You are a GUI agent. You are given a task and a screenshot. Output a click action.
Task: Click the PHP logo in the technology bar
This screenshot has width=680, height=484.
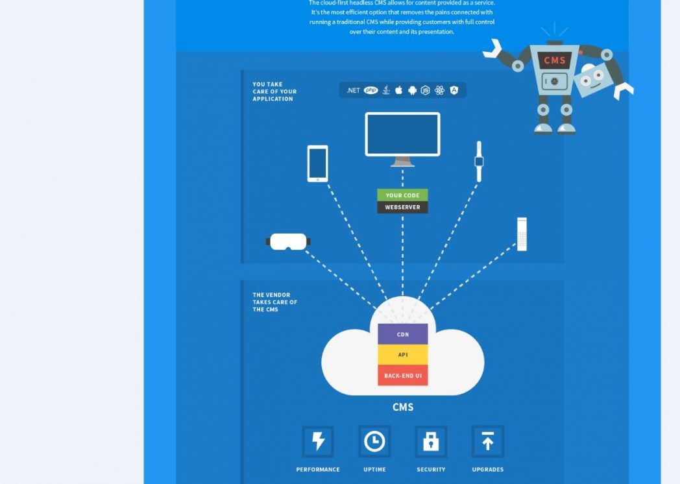pos(370,91)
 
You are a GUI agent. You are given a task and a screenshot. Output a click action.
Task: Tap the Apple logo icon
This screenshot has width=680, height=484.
pos(399,90)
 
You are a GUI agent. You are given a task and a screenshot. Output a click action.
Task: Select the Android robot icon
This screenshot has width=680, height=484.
pos(412,91)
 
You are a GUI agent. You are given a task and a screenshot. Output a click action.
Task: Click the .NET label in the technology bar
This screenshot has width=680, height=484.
pos(353,91)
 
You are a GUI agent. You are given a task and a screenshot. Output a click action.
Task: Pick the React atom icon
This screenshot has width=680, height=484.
pos(440,91)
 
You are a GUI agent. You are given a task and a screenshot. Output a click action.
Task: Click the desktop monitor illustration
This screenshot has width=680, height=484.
pos(402,136)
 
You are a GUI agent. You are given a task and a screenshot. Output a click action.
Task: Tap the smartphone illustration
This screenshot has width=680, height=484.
pos(317,163)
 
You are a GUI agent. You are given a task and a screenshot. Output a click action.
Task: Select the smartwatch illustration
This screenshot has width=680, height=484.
pos(479,161)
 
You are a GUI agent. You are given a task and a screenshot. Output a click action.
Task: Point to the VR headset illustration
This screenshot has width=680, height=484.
pos(288,241)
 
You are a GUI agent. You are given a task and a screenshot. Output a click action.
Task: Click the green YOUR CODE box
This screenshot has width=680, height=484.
pos(402,195)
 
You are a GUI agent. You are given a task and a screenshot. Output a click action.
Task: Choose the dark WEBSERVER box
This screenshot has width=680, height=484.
pos(402,208)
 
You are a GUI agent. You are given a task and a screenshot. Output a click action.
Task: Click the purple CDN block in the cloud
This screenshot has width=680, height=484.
pos(403,334)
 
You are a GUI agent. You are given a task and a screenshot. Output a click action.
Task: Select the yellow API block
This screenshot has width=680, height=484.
pos(403,355)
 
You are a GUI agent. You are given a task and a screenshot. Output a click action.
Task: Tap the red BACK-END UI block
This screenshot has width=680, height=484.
pos(403,376)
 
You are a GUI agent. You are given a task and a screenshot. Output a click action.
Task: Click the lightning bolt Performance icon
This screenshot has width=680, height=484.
pos(318,442)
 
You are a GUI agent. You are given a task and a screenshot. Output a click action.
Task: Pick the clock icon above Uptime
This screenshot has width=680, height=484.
pos(374,442)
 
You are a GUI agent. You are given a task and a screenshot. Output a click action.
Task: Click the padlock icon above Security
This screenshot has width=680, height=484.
pos(431,442)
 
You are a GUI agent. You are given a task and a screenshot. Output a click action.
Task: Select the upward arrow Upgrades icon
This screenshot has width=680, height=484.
pos(487,442)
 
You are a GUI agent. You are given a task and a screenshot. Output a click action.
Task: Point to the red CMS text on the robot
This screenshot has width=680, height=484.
pos(555,60)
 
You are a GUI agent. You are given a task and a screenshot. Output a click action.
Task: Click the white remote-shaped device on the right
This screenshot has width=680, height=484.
pos(522,234)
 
